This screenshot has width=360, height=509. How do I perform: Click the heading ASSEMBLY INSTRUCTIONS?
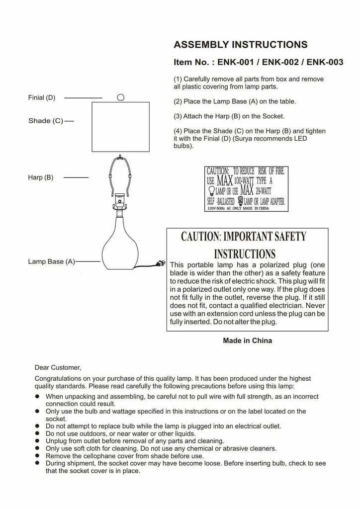click(x=240, y=45)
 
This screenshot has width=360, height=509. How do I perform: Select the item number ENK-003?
click(x=325, y=63)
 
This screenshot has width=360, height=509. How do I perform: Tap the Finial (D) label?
click(x=42, y=98)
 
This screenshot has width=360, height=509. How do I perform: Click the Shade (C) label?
click(x=46, y=121)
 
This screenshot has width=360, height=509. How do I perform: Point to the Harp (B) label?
click(x=41, y=177)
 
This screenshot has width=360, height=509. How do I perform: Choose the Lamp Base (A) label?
click(x=51, y=261)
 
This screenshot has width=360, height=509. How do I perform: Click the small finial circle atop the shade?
click(x=120, y=97)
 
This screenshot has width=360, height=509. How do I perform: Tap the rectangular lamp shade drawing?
click(x=121, y=126)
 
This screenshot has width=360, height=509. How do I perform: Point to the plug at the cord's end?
click(x=160, y=263)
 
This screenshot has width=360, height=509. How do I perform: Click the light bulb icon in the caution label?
click(x=211, y=191)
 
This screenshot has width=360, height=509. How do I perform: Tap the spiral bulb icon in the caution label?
click(x=241, y=201)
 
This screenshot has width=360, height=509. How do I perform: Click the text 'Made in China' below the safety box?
click(x=247, y=341)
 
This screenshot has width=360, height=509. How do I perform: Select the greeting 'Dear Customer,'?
click(x=58, y=368)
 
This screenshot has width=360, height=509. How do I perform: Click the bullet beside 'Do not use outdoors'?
click(x=37, y=433)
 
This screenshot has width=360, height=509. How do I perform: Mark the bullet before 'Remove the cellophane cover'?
click(x=37, y=456)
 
